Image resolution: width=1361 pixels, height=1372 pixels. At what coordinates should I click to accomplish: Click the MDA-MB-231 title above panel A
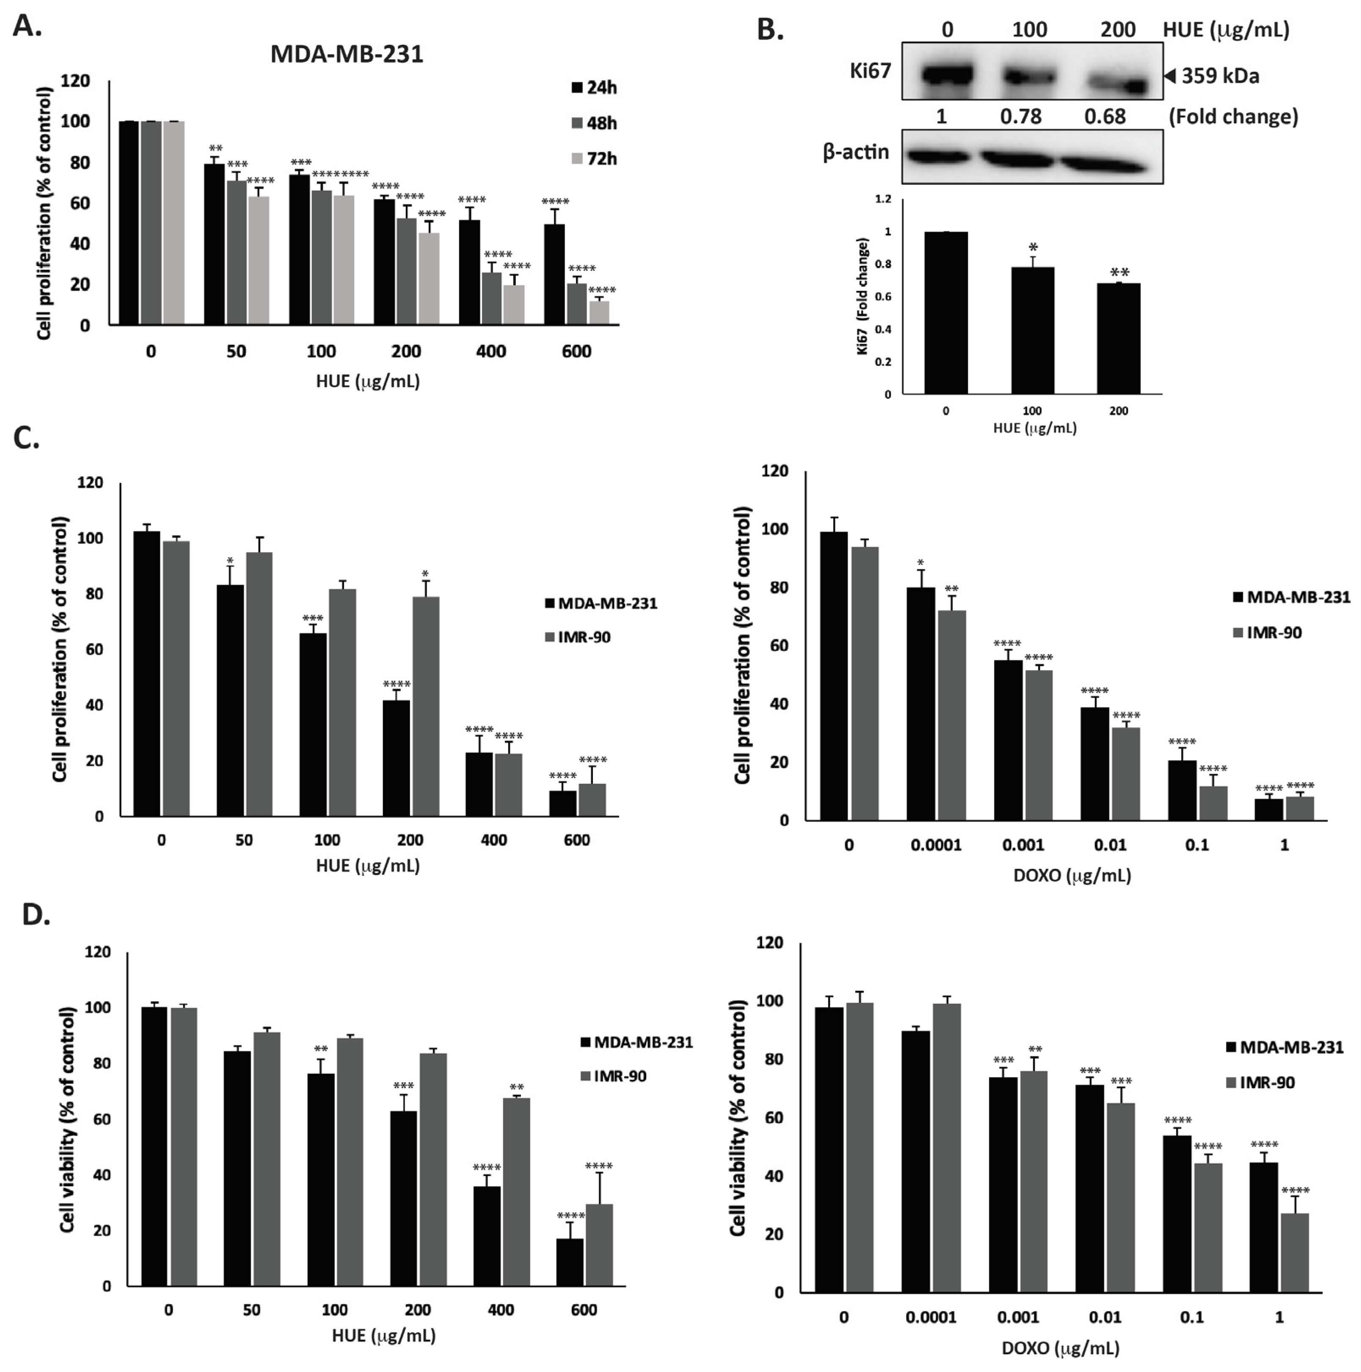coord(347,54)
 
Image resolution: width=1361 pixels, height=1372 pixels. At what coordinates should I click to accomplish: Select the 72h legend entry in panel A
coord(594,158)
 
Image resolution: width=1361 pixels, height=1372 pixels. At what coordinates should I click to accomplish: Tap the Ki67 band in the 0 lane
coord(946,74)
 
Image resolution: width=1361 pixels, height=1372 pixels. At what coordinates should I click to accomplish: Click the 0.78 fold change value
coord(1021,116)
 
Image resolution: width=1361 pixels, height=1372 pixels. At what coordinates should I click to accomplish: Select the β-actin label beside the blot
coord(855,151)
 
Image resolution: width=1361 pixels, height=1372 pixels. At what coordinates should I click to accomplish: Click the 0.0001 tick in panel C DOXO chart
coord(936,845)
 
